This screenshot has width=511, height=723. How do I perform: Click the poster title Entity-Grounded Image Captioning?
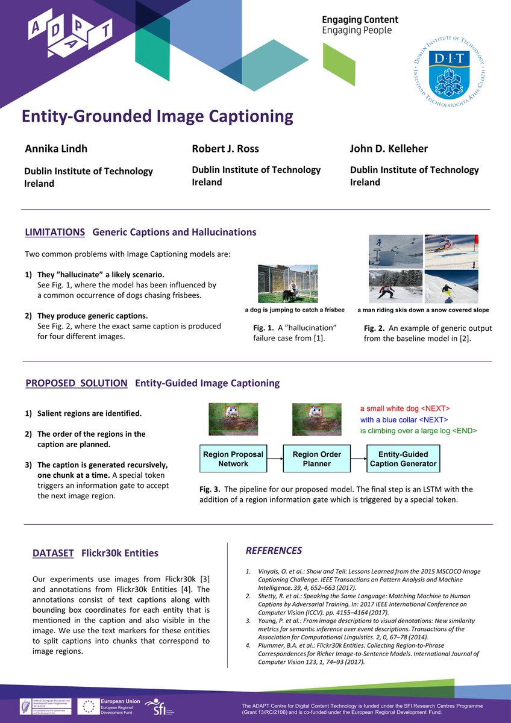[x=157, y=116]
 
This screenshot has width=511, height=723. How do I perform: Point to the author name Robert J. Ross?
[x=225, y=149]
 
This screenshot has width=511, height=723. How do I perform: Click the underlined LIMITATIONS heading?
[x=55, y=232]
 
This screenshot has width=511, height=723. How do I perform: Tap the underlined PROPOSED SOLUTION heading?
[x=77, y=383]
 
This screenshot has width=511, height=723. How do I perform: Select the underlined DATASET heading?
[x=54, y=553]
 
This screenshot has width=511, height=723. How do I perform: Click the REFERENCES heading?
[x=274, y=551]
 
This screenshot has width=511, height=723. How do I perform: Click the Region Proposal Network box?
[x=233, y=459]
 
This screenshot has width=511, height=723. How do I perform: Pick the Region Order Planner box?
[x=317, y=459]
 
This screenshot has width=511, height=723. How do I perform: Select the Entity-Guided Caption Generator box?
[x=403, y=459]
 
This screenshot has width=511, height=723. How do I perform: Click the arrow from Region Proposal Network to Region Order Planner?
[x=275, y=459]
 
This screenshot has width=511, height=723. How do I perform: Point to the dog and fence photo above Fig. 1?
[x=287, y=283]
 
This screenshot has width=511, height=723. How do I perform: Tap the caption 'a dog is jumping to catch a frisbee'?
[x=295, y=310]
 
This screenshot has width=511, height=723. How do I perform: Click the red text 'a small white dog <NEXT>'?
[x=405, y=408]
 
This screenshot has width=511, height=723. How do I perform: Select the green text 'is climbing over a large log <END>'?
[x=418, y=431]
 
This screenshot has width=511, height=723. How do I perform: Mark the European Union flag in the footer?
[x=91, y=706]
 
